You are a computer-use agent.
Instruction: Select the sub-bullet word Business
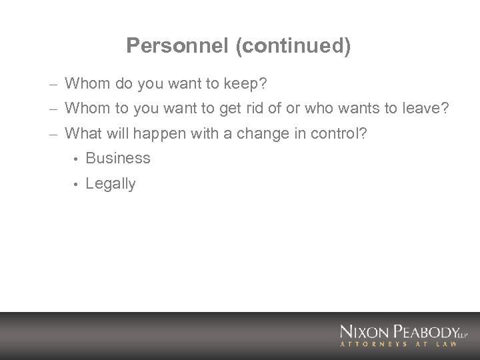119,159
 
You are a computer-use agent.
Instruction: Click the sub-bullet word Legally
111,184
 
